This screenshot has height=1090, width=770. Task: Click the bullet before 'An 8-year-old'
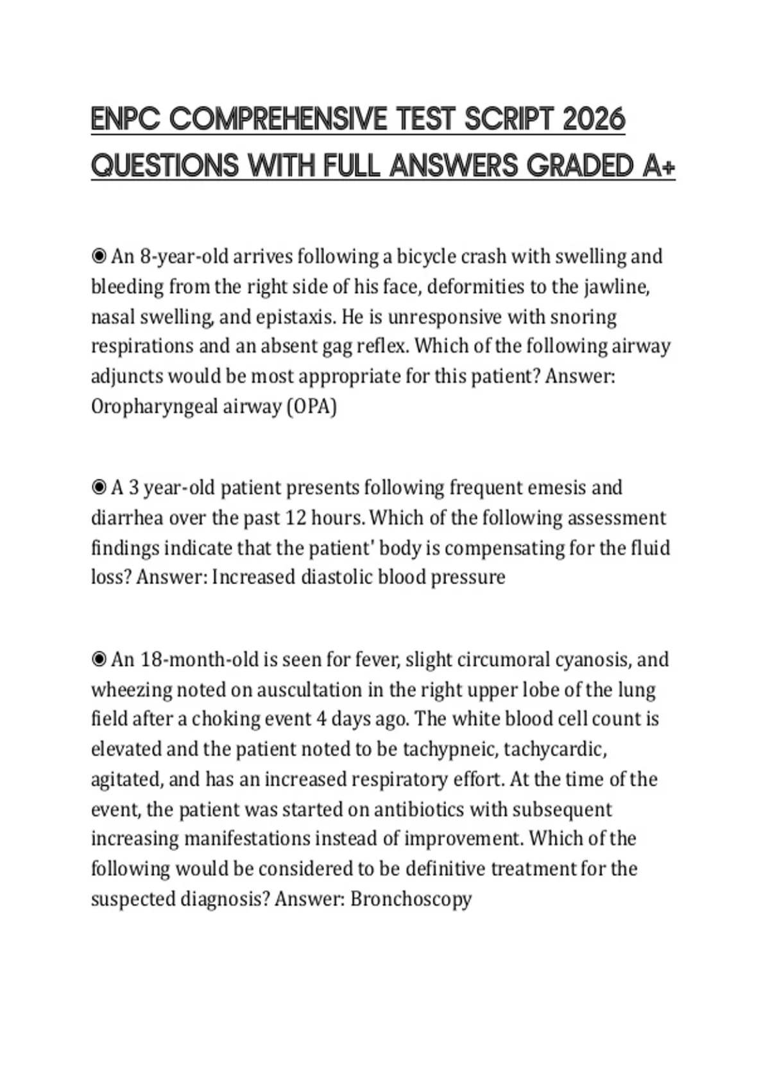tap(99, 256)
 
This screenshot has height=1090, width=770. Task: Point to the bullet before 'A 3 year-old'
tap(99, 488)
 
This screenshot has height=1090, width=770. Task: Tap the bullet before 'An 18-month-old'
tap(99, 660)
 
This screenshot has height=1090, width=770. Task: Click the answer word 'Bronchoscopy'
tap(411, 899)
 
